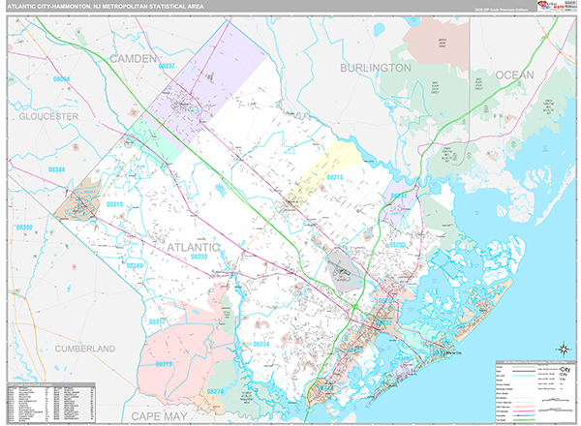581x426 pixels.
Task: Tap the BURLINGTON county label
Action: [375, 68]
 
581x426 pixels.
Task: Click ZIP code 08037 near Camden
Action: [168, 66]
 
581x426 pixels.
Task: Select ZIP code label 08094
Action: [63, 77]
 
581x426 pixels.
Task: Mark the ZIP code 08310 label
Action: [115, 205]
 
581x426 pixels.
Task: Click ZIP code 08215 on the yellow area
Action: [335, 178]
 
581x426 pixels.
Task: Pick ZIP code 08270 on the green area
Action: [214, 392]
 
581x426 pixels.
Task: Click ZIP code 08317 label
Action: [156, 320]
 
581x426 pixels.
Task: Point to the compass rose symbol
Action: [561, 350]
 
